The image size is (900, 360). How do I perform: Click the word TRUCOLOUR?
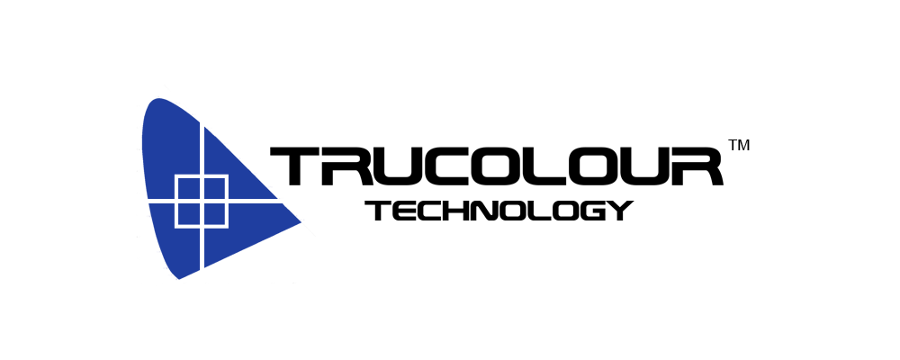pos(496,166)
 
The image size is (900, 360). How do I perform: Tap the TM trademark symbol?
pos(739,145)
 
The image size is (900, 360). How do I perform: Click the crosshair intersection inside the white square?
pos(202,202)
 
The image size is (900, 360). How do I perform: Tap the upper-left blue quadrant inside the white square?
pos(188,188)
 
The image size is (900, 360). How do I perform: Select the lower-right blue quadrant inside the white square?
pos(215,214)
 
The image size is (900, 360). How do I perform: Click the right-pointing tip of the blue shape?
pos(301,223)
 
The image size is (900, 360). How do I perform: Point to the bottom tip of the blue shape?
pos(179,279)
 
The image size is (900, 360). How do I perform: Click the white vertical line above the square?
pos(202,148)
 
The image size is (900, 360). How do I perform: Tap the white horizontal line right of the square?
pos(256,202)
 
